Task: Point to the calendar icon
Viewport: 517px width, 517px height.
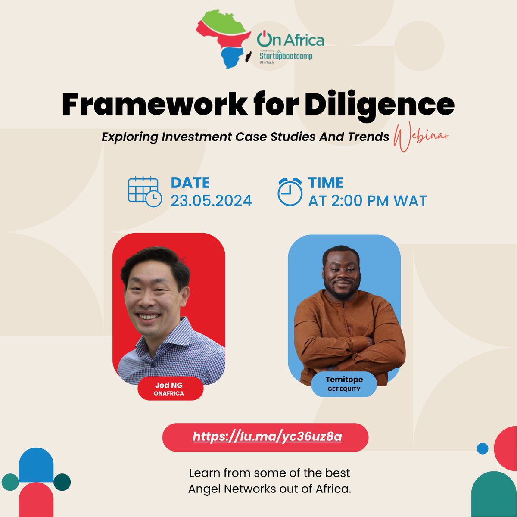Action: click(x=145, y=191)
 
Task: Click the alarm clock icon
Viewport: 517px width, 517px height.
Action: click(x=290, y=191)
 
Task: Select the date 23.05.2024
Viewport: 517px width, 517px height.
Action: click(x=211, y=201)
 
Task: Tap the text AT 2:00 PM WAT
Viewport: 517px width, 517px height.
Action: click(x=367, y=201)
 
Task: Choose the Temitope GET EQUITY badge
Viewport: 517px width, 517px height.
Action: click(x=344, y=384)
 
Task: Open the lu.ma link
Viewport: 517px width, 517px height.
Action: click(x=267, y=437)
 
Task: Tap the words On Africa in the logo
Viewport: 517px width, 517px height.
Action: click(x=291, y=40)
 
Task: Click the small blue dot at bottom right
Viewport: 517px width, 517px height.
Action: click(x=483, y=448)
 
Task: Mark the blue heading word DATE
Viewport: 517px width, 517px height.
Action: click(x=190, y=183)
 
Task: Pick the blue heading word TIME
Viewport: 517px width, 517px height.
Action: click(x=326, y=183)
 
